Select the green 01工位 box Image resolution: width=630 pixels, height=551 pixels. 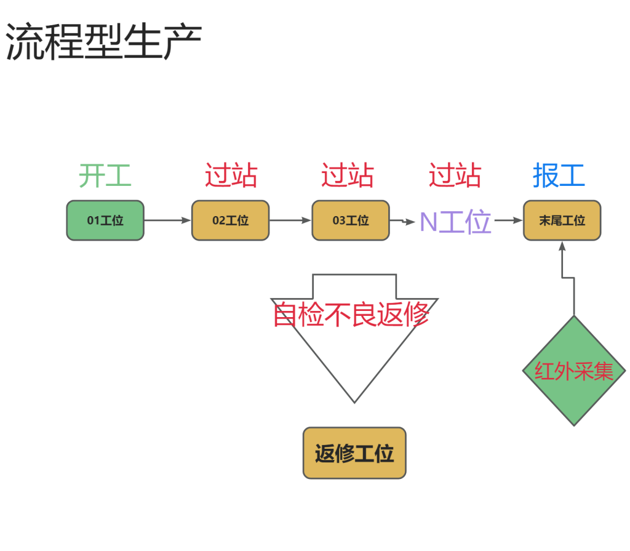tap(105, 220)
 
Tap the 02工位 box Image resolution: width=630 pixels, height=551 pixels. tap(230, 220)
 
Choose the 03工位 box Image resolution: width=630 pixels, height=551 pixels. tap(351, 220)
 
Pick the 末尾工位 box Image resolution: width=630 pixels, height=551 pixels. tap(562, 220)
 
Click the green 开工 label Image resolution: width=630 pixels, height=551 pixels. tap(105, 176)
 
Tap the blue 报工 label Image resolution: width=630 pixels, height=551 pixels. tap(559, 176)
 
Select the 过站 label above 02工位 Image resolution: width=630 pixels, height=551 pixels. tap(231, 176)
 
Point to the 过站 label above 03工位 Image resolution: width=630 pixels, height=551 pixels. tap(347, 176)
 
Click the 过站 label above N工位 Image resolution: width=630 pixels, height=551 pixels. tap(455, 176)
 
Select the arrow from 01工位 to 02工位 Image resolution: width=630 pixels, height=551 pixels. tap(167, 220)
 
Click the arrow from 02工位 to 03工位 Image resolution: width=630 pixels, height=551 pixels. tap(290, 220)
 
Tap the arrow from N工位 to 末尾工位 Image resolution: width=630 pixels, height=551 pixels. tap(508, 220)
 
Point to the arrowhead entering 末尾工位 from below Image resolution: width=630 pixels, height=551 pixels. tap(562, 245)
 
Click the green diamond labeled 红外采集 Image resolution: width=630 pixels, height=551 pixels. tap(574, 371)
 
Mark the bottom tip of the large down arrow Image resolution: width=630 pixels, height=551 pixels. tap(354, 401)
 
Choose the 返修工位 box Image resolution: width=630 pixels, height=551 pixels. tap(354, 453)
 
